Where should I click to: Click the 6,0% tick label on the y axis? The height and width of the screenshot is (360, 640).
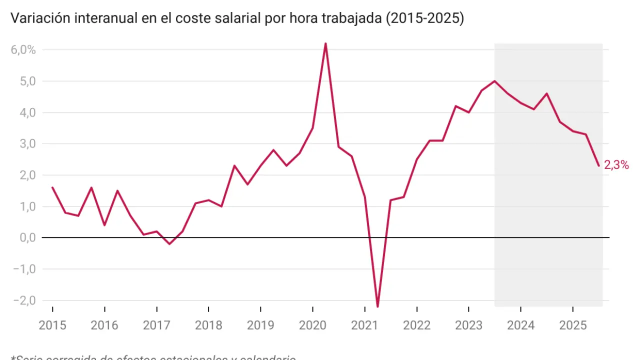23,49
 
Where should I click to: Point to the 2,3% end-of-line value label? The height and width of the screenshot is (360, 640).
616,165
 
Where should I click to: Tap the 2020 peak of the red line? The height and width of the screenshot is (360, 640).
325,43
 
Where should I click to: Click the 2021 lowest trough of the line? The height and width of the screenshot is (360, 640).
377,306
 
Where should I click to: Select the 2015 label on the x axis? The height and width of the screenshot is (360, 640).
52,325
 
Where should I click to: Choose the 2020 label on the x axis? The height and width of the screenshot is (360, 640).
312,325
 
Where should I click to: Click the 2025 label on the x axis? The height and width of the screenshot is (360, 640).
572,325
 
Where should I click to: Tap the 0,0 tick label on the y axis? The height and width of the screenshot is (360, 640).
28,237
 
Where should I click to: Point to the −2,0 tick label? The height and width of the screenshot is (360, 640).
25,300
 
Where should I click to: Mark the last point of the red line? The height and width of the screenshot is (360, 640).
598,165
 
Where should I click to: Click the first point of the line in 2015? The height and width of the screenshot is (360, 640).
52,187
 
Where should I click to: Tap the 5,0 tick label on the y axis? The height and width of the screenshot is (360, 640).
28,81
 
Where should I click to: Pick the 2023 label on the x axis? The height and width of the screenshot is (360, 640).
468,325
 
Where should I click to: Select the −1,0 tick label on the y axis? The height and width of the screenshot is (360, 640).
25,269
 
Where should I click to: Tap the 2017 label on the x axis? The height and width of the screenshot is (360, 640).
156,325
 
